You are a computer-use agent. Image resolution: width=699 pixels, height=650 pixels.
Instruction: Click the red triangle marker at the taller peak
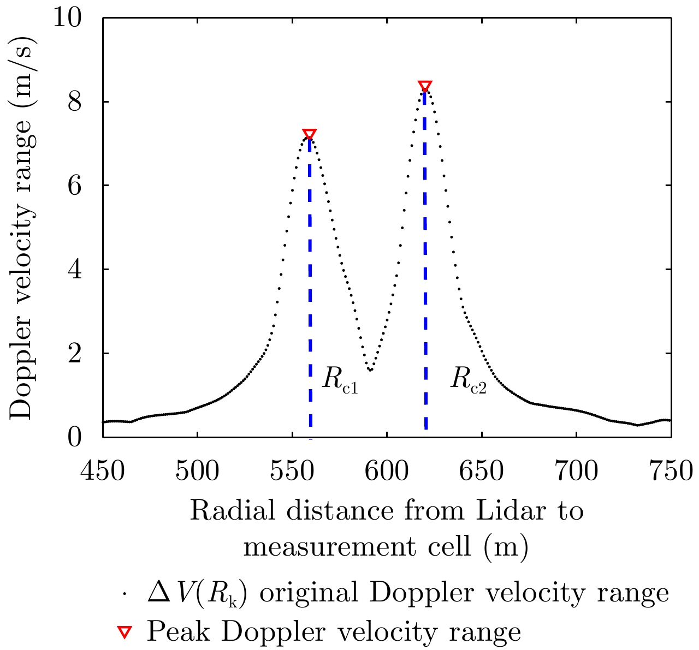coord(425,86)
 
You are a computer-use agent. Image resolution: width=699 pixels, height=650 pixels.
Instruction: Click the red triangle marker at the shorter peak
coord(310,134)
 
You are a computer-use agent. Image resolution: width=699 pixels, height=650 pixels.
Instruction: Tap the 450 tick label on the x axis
coord(103,470)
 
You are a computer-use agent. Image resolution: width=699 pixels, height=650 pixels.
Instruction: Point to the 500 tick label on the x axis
coord(197,470)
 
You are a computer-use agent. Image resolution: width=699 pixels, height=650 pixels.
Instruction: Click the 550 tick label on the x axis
coord(292,470)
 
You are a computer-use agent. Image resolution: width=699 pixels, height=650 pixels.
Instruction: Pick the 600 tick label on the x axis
coord(387,470)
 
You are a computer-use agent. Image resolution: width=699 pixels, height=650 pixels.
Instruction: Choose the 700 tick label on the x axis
coord(576,470)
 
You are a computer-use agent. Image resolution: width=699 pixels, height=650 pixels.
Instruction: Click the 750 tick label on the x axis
coord(670,470)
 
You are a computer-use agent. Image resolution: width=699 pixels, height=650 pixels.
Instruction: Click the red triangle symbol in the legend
coord(126,631)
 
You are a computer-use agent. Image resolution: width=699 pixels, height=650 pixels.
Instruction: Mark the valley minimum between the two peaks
coord(370,371)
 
